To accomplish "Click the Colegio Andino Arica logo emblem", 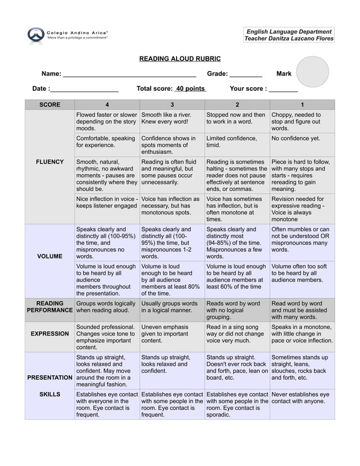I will pyautogui.click(x=35, y=36).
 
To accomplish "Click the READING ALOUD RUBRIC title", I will pyautogui.click(x=180, y=59).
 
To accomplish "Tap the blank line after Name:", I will pyautogui.click(x=129, y=74).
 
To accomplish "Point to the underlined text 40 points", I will pyautogui.click(x=190, y=89).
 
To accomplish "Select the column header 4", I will pyautogui.click(x=107, y=104).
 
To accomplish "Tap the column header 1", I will pyautogui.click(x=302, y=104).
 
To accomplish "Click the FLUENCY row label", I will pyautogui.click(x=50, y=162).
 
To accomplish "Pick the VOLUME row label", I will pyautogui.click(x=50, y=256).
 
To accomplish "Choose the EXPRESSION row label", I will pyautogui.click(x=50, y=333).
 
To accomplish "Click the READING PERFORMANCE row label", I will pyautogui.click(x=50, y=306).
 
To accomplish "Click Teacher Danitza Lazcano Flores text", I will pyautogui.click(x=288, y=38).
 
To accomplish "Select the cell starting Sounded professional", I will pyautogui.click(x=107, y=337).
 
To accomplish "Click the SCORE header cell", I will pyautogui.click(x=50, y=104).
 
